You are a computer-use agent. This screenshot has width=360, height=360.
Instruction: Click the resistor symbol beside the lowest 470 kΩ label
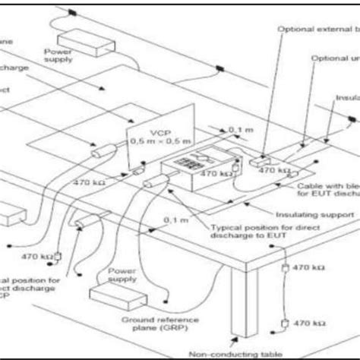(285, 322)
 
